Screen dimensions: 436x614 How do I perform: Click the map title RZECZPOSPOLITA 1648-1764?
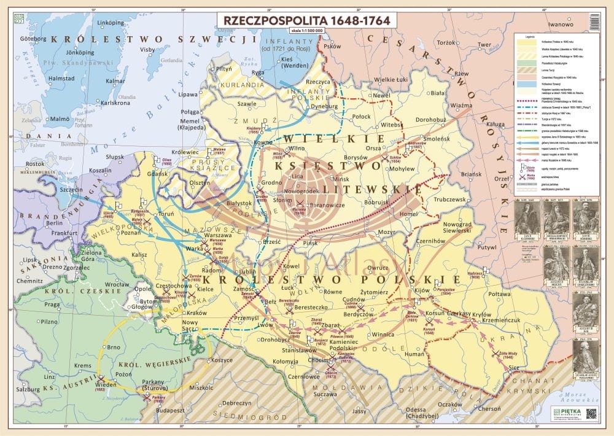pyautogui.click(x=306, y=19)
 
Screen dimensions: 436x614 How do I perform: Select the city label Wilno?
pyautogui.click(x=297, y=149)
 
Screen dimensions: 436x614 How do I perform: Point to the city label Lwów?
pyautogui.click(x=266, y=323)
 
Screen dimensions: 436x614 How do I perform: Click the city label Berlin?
pyautogui.click(x=54, y=224)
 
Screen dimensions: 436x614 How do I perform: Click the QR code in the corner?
pyautogui.click(x=591, y=415)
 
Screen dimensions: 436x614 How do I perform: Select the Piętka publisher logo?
pyautogui.click(x=564, y=415)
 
